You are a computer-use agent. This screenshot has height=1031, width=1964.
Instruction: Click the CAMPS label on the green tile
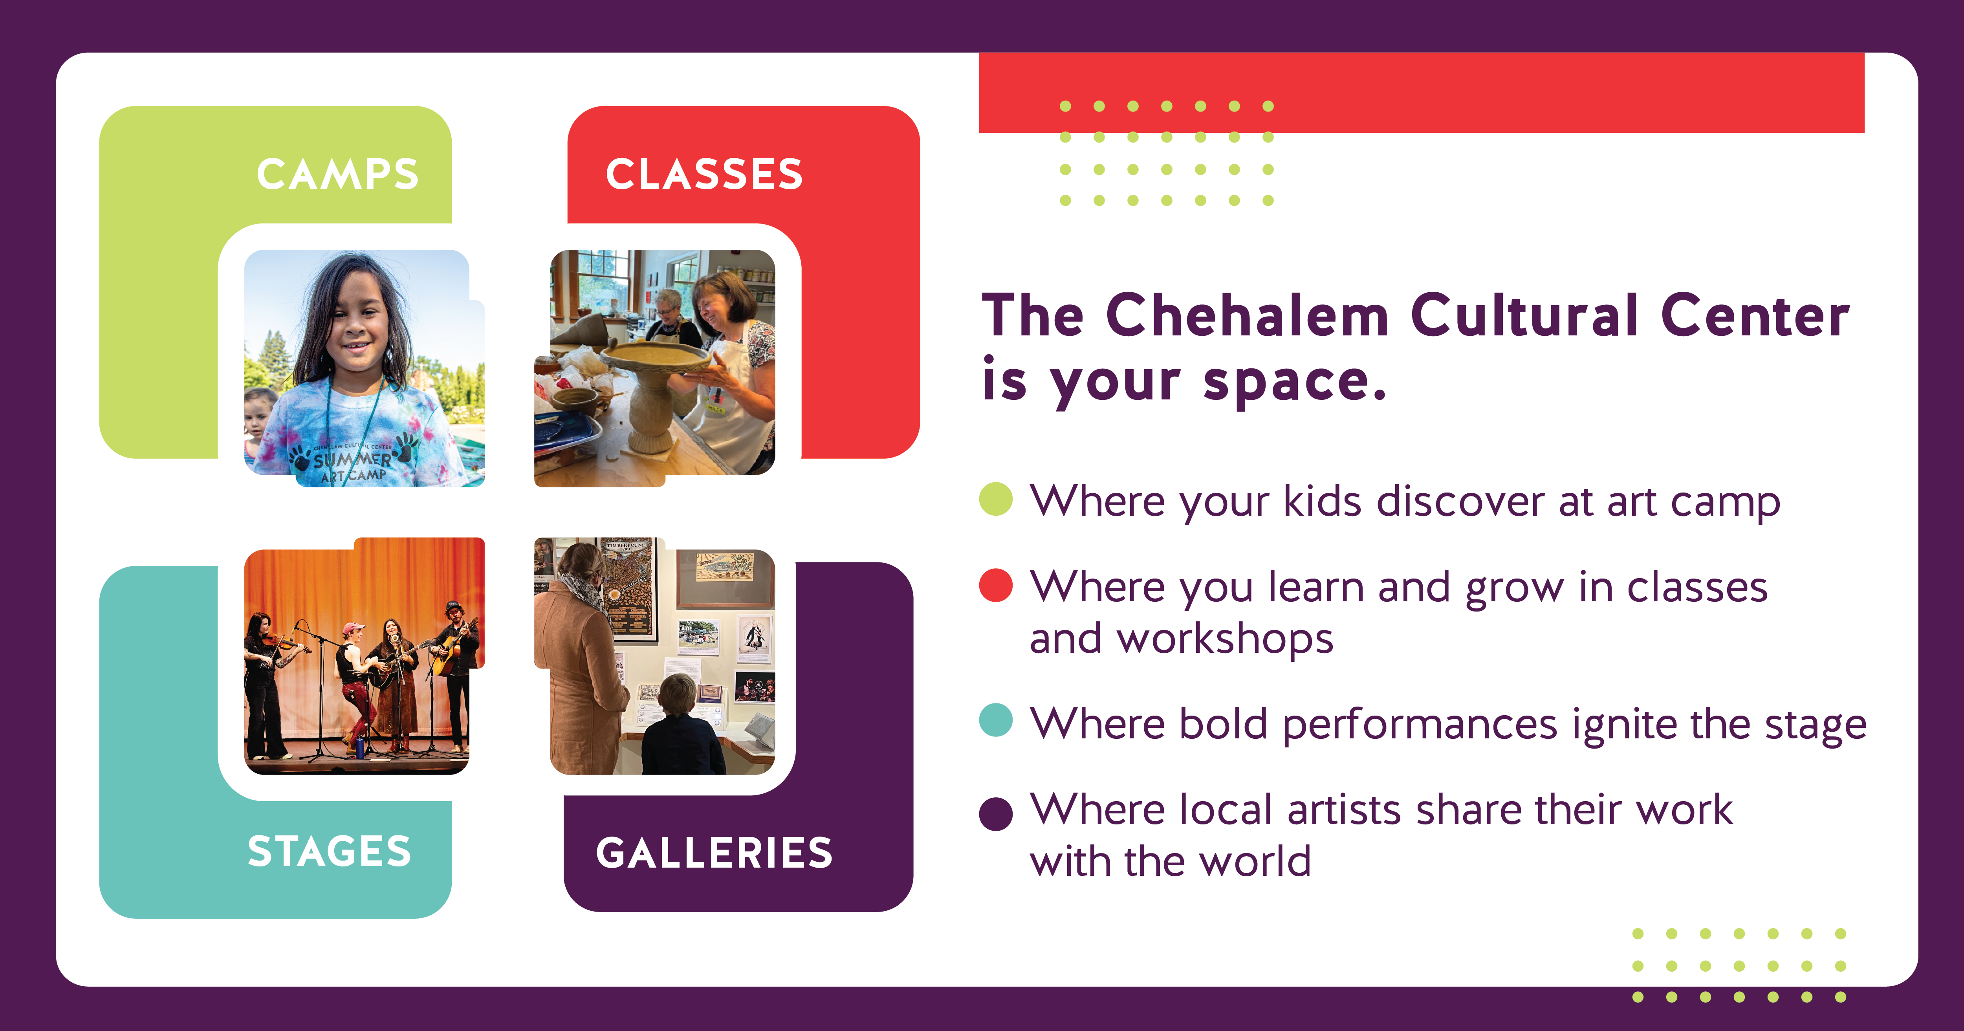[x=338, y=175]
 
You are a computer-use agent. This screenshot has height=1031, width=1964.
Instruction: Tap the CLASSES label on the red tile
[x=704, y=175]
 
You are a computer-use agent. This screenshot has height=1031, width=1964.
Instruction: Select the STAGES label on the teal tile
[x=330, y=852]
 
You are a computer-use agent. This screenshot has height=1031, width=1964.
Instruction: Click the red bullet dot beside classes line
[x=996, y=586]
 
